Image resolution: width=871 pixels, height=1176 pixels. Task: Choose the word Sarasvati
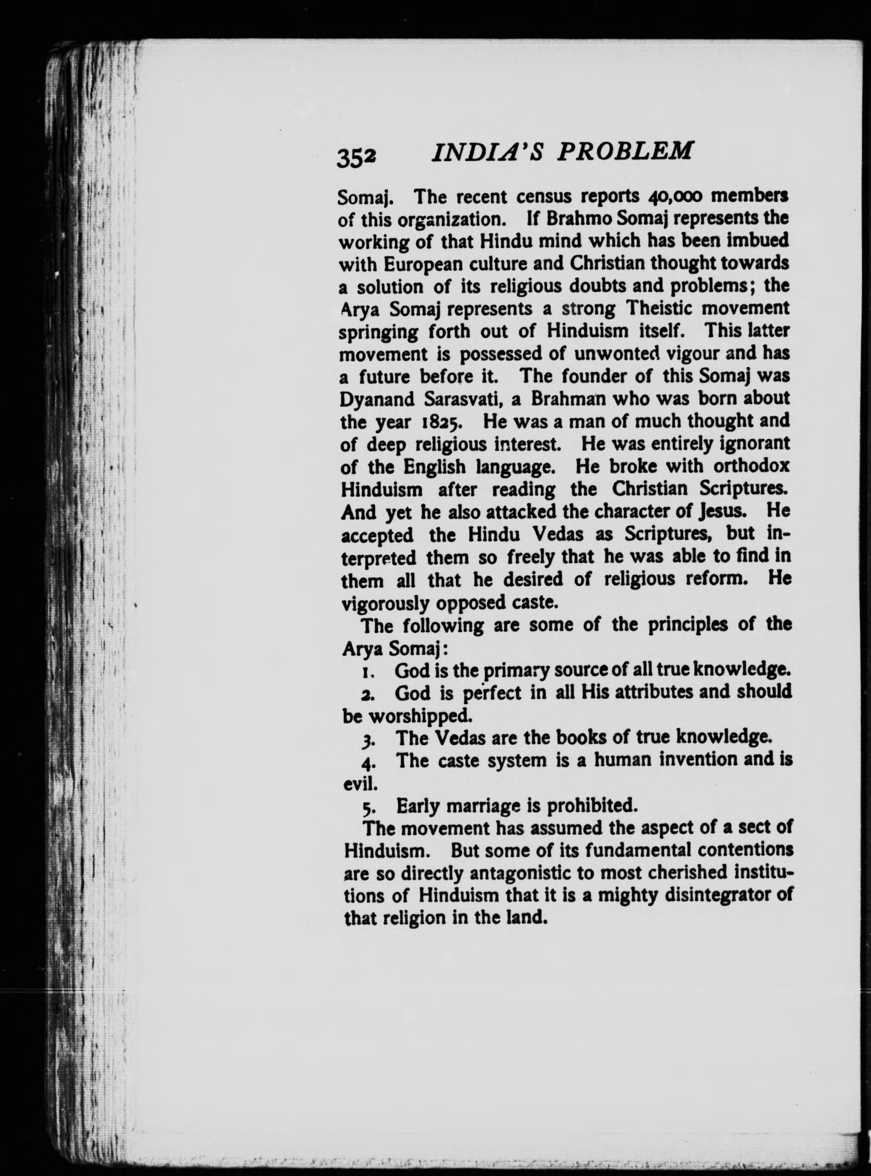pos(462,399)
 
